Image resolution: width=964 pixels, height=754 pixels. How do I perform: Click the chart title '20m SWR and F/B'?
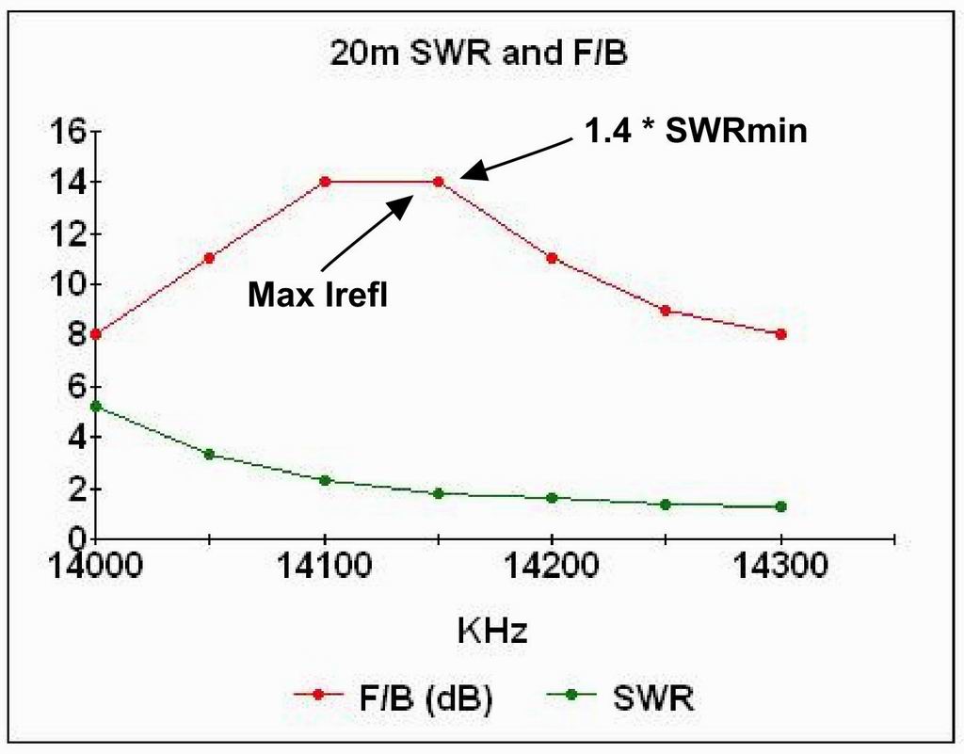click(x=478, y=54)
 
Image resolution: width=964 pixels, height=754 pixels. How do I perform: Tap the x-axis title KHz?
click(x=492, y=630)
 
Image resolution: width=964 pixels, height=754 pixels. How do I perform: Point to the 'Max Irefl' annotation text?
click(x=318, y=297)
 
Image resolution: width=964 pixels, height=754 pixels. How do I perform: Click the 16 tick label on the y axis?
click(x=71, y=131)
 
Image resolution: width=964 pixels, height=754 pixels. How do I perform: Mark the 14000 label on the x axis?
click(x=95, y=569)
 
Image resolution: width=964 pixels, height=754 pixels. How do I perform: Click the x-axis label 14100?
click(x=325, y=569)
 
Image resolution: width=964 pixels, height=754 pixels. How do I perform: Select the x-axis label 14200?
click(x=553, y=569)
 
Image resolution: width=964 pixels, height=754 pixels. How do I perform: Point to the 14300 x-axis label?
click(x=781, y=569)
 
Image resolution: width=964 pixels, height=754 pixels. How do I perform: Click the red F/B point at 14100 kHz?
click(x=325, y=182)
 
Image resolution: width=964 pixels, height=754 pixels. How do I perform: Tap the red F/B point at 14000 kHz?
click(x=96, y=334)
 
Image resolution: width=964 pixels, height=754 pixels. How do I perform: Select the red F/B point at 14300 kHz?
click(x=781, y=334)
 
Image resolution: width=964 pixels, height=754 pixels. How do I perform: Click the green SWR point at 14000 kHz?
click(x=96, y=407)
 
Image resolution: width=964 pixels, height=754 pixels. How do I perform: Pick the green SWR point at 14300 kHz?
click(x=781, y=506)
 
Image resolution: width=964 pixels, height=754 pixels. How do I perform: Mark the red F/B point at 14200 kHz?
click(x=553, y=258)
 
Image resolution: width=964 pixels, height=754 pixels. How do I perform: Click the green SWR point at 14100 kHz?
click(x=325, y=480)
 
